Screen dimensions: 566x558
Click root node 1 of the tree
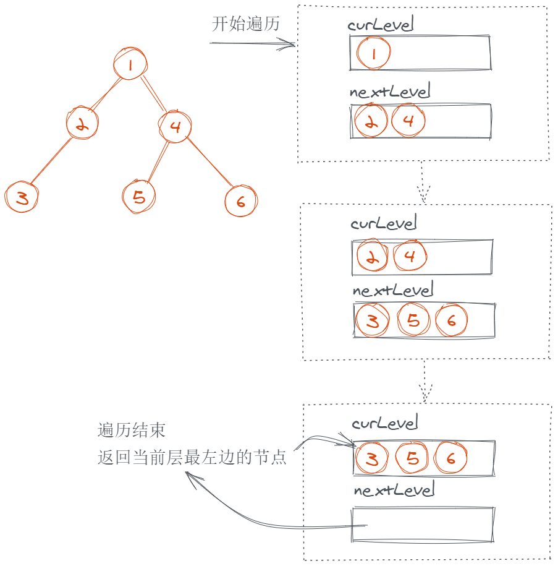(x=130, y=64)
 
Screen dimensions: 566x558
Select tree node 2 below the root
(x=83, y=124)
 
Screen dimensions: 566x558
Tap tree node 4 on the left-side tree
(x=175, y=127)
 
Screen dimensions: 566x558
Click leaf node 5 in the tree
(x=139, y=197)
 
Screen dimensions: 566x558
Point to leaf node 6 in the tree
(x=240, y=200)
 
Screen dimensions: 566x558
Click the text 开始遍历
(x=246, y=24)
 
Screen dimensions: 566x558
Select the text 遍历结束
(x=131, y=430)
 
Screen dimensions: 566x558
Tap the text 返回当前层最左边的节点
(x=192, y=458)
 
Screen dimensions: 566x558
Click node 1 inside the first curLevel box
(x=374, y=53)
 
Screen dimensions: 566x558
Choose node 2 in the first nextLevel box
(x=371, y=121)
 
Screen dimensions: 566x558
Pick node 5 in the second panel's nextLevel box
(x=413, y=320)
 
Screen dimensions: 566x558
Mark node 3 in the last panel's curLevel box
(x=372, y=458)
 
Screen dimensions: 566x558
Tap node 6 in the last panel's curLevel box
(x=450, y=458)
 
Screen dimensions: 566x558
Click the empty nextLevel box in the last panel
(x=423, y=524)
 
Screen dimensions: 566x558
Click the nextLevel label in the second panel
(x=393, y=289)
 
